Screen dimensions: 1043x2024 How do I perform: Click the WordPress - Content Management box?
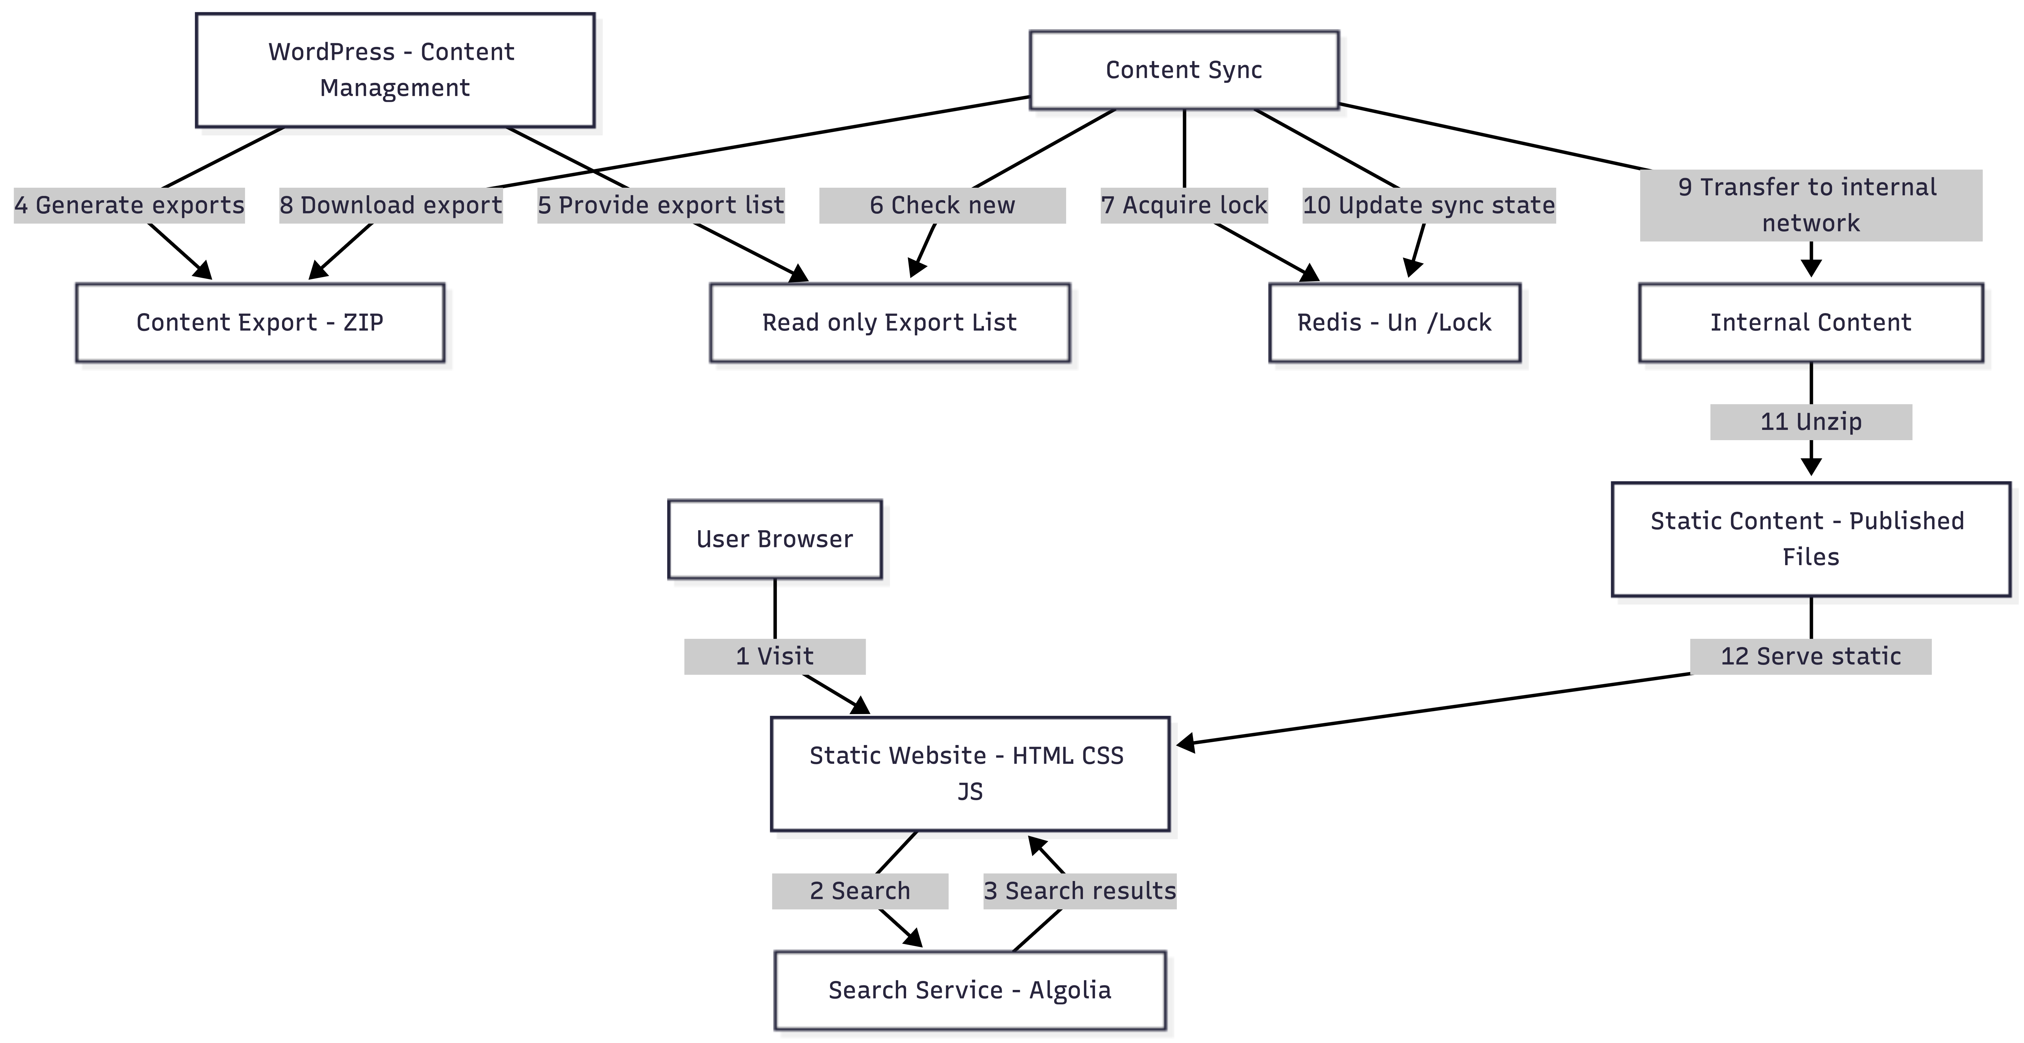pos(394,70)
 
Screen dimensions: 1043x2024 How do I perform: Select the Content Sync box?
pos(1183,70)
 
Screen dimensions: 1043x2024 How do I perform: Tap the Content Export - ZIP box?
pos(260,323)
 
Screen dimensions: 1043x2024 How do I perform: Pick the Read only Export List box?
pos(889,323)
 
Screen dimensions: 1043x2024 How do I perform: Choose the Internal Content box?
pos(1810,323)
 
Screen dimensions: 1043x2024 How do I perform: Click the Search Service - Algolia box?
pos(970,990)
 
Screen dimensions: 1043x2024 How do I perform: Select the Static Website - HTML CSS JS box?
pos(970,774)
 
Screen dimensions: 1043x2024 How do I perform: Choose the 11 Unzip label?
pos(1810,422)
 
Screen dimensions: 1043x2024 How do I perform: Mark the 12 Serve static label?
pos(1810,657)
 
